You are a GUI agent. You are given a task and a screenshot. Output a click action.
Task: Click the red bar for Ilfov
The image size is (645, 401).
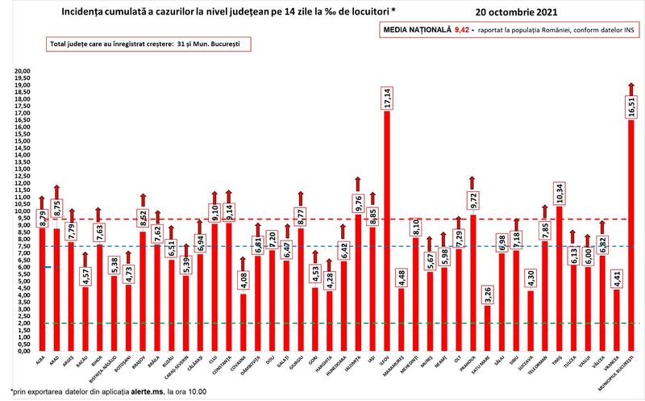click(x=386, y=234)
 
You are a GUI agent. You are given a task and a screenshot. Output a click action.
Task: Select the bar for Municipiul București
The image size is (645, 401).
click(x=630, y=242)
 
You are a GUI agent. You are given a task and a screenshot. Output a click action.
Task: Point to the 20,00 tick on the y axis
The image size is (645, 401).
click(x=22, y=71)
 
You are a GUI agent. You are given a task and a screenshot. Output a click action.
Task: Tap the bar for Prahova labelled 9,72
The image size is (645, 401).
click(x=472, y=282)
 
